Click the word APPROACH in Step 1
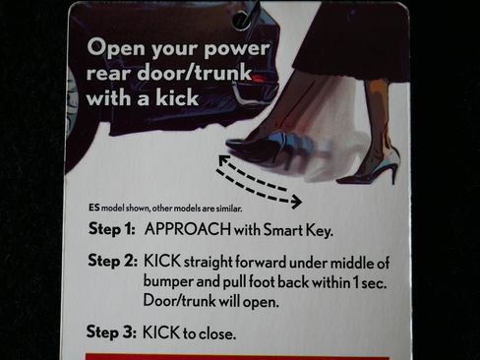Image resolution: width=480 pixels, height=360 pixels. click(188, 229)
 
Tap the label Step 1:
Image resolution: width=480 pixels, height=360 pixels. click(112, 229)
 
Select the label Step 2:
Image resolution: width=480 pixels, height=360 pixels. click(112, 262)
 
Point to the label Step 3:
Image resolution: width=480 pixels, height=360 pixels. click(111, 331)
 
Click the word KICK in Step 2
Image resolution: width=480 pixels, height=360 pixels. click(162, 261)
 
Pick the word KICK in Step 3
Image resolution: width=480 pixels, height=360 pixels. click(161, 332)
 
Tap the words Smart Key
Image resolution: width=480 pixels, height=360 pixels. click(298, 230)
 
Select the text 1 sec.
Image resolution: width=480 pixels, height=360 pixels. click(370, 283)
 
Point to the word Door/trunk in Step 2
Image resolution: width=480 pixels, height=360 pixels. click(179, 301)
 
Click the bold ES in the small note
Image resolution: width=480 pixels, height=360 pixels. click(93, 208)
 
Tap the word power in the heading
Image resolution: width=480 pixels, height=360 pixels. click(237, 48)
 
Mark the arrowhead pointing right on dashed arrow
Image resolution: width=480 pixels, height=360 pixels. click(297, 202)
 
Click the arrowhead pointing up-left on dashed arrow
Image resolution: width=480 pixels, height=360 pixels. click(223, 160)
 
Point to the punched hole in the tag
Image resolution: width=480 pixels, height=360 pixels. click(242, 20)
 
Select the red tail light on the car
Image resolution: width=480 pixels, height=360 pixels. click(262, 78)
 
